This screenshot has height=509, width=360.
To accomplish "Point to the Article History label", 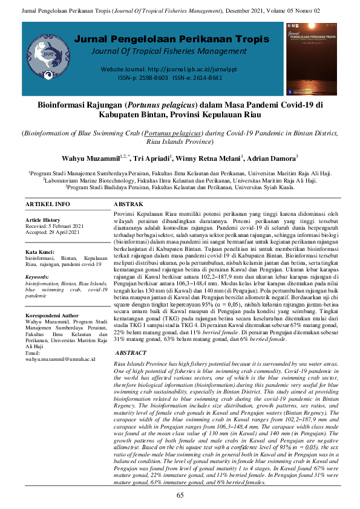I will tap(43, 220).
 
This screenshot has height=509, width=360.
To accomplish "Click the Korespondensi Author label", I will tap(52, 315).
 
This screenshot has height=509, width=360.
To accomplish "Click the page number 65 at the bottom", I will tap(180, 496).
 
